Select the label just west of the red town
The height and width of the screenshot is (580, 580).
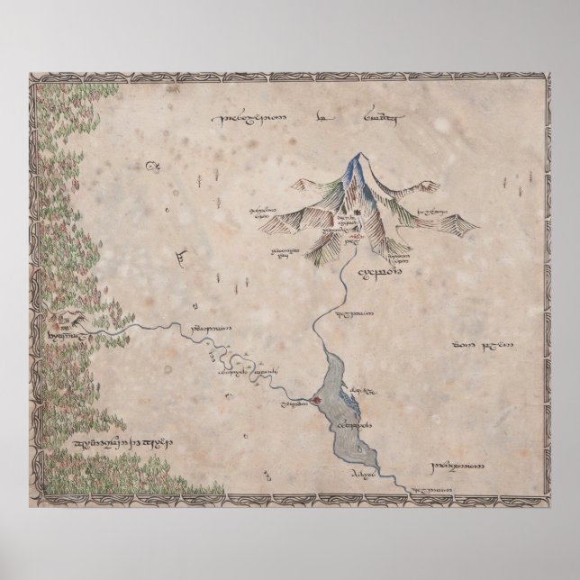click(290, 406)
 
